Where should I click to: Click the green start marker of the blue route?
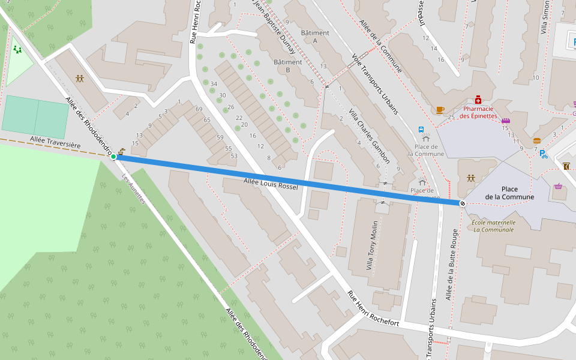pyautogui.click(x=113, y=157)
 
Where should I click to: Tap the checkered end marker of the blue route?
pyautogui.click(x=462, y=203)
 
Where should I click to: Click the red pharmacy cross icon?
pyautogui.click(x=478, y=100)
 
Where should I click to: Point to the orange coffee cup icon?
pyautogui.click(x=440, y=110)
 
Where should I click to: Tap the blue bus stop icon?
pyautogui.click(x=421, y=129)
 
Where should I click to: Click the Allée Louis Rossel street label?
pyautogui.click(x=271, y=184)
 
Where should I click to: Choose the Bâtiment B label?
pyautogui.click(x=287, y=66)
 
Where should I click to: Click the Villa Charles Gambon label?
pyautogui.click(x=370, y=137)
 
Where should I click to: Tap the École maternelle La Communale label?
pyautogui.click(x=493, y=226)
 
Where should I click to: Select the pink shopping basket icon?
pyautogui.click(x=559, y=186)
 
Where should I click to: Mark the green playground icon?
pyautogui.click(x=17, y=50)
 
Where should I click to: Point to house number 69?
pyautogui.click(x=199, y=109)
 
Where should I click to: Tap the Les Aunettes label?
pyautogui.click(x=133, y=190)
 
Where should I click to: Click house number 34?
pyautogui.click(x=214, y=83)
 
